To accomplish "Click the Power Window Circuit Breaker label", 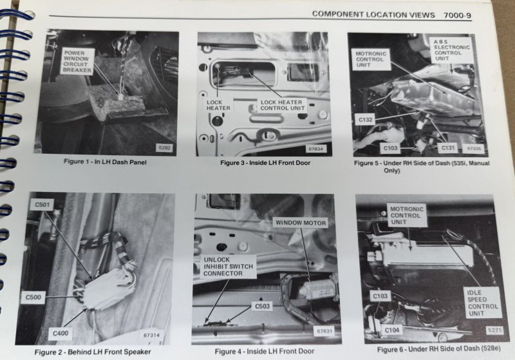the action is pos(77,61).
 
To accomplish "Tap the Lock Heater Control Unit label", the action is pos(282,105).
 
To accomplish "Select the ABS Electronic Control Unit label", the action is pos(451,50).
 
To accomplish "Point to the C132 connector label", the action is pos(365,120).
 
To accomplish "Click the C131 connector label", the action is pos(447,148).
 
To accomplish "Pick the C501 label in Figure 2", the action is pos(42,205).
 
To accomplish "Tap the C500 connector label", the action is pos(33,298).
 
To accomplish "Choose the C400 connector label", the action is pos(61,334).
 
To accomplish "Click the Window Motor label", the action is pos(301,223).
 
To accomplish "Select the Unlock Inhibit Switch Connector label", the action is pos(228,267).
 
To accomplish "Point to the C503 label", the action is pos(262,306).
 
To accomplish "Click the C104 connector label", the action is pos(391,330).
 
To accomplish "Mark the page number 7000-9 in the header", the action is pos(457,15).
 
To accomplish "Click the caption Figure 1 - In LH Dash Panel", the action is pos(105,162).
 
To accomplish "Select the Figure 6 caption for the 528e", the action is pos(438,349).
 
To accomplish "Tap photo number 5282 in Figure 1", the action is pos(165,148).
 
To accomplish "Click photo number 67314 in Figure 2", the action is pos(151,335).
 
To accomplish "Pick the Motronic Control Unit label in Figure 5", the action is pos(371,59).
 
